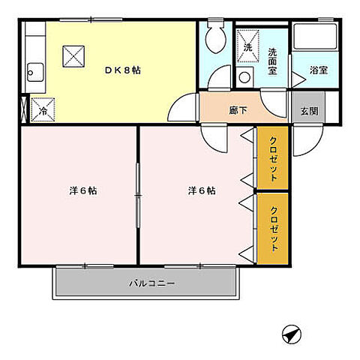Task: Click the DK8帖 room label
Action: point(124,70)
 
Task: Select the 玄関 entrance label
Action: point(309,110)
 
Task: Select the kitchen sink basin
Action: point(34,73)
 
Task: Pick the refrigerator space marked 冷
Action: point(43,110)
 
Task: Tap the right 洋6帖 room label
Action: point(202,190)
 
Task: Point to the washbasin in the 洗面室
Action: point(244,76)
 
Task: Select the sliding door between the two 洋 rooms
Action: point(137,192)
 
